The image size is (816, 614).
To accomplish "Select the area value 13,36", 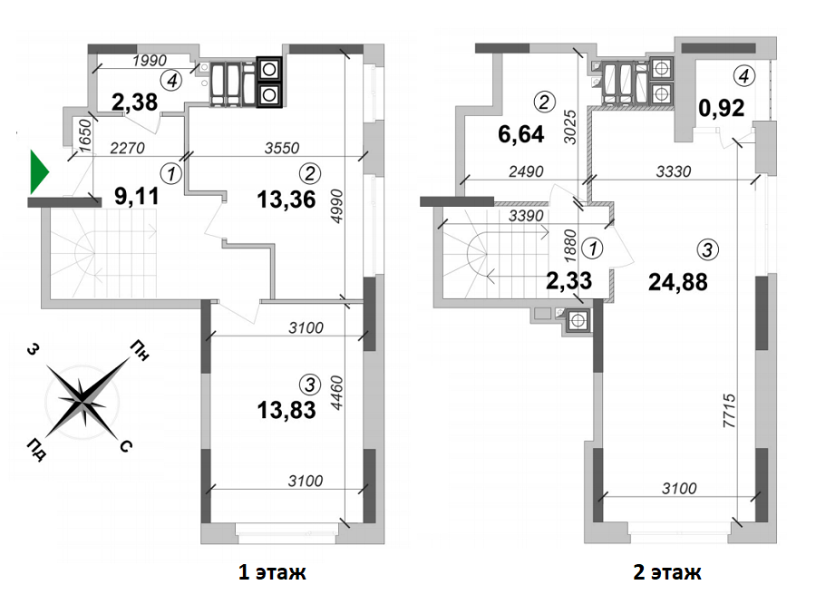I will [x=286, y=200].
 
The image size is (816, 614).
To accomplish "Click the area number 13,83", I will [x=286, y=411].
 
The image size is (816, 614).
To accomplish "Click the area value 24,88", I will [x=677, y=280].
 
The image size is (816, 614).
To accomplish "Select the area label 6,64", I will [x=520, y=135].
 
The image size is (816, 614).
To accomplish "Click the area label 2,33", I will [x=568, y=280].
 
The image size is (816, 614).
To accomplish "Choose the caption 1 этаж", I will [x=271, y=572].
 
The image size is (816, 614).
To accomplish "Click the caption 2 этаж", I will [x=667, y=572].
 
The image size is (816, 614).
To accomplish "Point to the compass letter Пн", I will [x=141, y=347].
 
